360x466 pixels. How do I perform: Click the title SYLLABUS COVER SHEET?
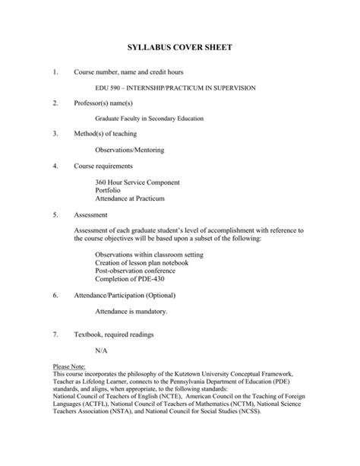click(x=179, y=47)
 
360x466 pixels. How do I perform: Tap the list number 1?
click(x=55, y=73)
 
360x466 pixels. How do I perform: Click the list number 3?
click(x=55, y=135)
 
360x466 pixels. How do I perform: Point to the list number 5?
click(x=55, y=214)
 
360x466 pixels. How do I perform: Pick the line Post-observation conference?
click(x=135, y=270)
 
